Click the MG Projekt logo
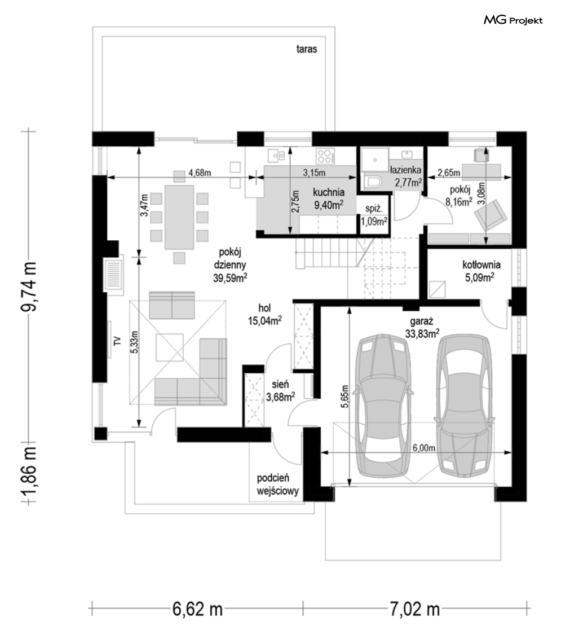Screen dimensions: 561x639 point(513,20)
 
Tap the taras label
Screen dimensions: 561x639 point(306,49)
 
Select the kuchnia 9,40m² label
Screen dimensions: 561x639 point(328,199)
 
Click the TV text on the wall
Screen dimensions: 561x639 point(117,341)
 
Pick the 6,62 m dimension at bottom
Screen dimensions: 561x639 point(197,609)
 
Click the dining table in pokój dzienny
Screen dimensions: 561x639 point(179,217)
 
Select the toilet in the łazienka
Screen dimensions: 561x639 point(372,183)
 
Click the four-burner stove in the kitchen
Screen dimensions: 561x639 point(325,156)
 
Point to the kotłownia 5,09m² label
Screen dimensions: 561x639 point(481,271)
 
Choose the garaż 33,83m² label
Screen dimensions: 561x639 point(422,327)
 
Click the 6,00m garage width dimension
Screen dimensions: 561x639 point(423,448)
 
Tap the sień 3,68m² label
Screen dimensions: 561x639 point(280,390)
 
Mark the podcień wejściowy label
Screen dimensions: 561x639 point(278,484)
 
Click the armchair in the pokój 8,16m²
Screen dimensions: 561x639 point(490,214)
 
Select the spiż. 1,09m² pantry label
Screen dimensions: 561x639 point(374,215)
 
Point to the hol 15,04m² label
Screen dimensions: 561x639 point(265,314)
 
